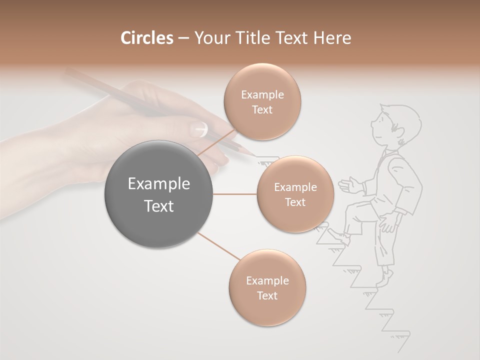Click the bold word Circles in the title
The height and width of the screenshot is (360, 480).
(x=146, y=38)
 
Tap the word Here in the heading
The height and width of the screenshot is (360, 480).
(x=332, y=38)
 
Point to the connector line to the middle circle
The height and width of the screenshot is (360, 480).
(x=235, y=194)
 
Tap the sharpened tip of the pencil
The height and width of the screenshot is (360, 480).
(x=250, y=152)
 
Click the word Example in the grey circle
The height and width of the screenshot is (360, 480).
(x=158, y=184)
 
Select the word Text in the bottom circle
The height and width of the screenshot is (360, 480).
(x=267, y=295)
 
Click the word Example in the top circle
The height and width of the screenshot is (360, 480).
(x=262, y=95)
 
